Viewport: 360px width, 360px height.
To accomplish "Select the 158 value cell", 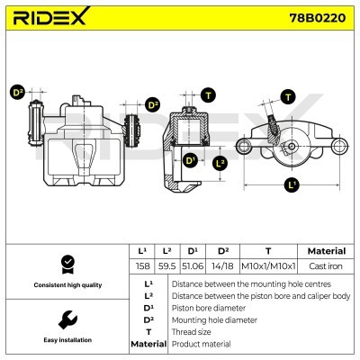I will tap(141, 265).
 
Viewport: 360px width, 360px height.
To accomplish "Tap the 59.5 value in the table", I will tap(166, 265).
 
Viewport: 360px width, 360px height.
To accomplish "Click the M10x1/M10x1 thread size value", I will tap(267, 265).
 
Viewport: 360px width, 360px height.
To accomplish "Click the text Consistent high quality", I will tap(66, 285).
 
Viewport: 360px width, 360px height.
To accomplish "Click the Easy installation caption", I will tap(66, 341).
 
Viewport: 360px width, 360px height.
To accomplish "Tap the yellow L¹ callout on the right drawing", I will tap(290, 186).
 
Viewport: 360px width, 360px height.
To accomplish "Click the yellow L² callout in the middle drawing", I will tap(220, 163).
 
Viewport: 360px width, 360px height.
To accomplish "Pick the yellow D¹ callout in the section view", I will tap(190, 160).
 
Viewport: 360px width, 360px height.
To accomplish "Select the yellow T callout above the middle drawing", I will tap(208, 94).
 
